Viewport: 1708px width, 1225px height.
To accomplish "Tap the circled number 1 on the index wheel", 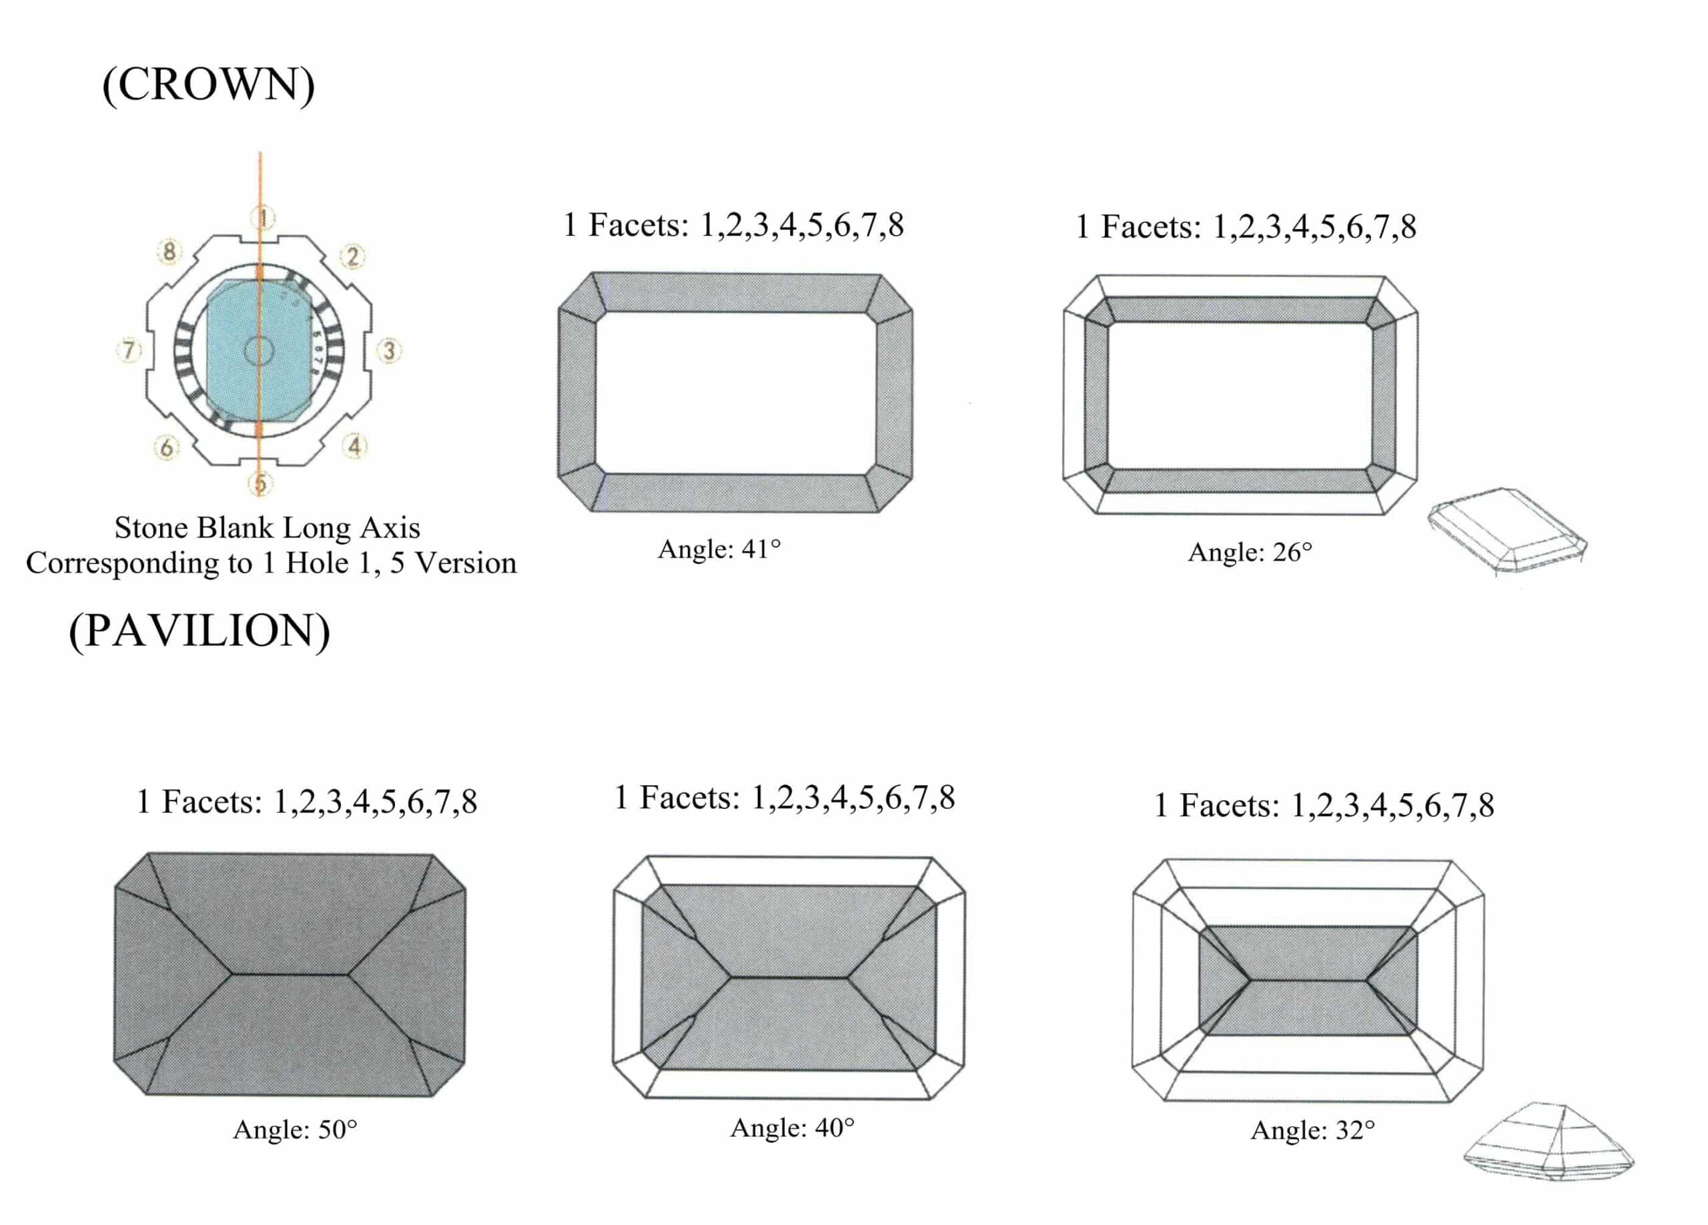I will tap(263, 218).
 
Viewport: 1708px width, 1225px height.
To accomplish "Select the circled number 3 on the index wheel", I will tap(388, 350).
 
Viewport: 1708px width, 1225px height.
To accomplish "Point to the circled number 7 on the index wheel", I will tap(129, 350).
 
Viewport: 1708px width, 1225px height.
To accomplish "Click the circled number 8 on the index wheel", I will tap(169, 252).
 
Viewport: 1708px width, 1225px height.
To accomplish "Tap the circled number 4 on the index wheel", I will tap(355, 446).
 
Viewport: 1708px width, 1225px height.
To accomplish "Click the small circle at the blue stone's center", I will tap(258, 350).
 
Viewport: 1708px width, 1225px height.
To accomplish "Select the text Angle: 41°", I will tap(719, 549).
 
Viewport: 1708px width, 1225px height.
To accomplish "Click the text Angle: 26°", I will tap(1250, 552).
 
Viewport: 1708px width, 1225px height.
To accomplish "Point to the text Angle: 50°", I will tap(294, 1130).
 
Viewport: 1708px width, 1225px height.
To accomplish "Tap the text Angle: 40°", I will tap(792, 1128).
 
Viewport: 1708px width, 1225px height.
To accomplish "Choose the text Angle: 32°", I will tap(1312, 1130).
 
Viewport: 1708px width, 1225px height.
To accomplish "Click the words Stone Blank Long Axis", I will tap(268, 527).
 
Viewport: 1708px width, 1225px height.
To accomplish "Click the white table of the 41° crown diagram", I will tap(735, 393).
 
